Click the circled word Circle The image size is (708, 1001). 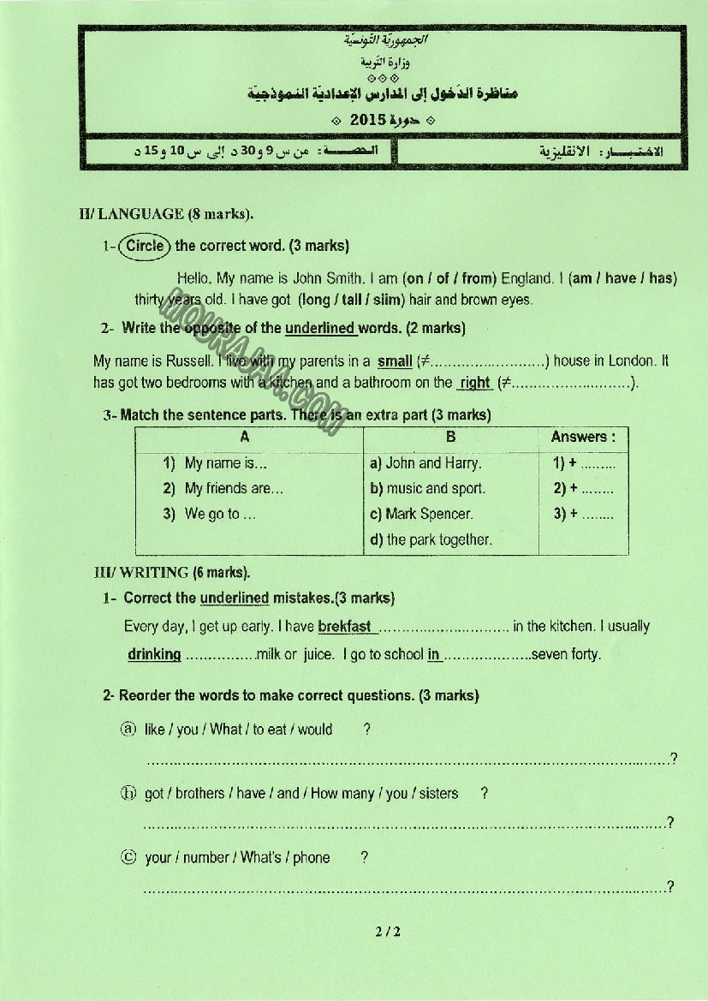145,246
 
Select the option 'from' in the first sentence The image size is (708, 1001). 479,278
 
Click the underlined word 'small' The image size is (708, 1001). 395,361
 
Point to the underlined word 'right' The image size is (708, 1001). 474,384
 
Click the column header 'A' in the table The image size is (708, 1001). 245,437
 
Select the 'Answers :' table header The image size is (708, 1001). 582,437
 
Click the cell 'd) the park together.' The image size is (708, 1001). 431,540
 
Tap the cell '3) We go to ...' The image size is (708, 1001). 210,515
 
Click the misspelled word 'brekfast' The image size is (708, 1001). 344,627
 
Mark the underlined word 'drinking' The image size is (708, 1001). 154,654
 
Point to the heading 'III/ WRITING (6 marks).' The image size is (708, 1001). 172,572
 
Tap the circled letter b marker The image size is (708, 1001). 128,793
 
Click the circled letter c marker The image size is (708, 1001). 128,857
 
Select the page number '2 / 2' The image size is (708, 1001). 387,932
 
